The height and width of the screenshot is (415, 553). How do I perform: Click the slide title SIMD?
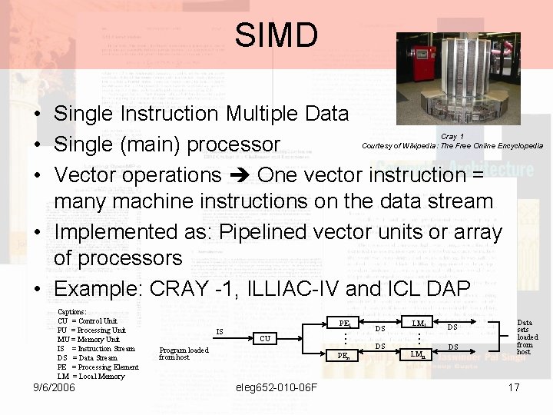276,35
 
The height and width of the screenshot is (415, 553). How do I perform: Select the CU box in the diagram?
264,337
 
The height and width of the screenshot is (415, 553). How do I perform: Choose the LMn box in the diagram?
419,354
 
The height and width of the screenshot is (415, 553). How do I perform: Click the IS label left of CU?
220,332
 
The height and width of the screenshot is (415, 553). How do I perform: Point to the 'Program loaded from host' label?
183,353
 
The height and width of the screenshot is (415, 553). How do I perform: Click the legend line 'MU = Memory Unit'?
88,339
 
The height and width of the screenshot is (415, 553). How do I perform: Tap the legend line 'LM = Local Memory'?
91,375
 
